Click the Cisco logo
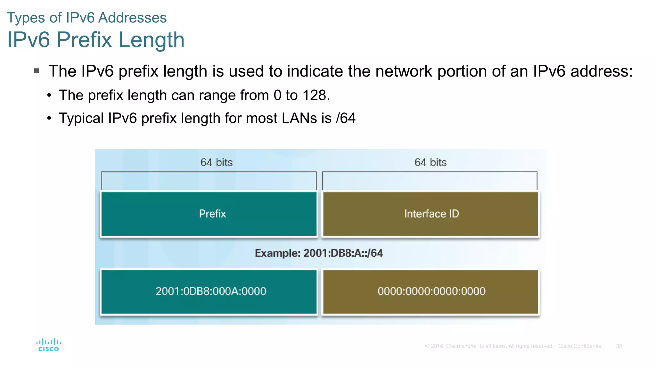(x=48, y=345)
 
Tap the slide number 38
(x=619, y=346)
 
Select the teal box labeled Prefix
(x=209, y=214)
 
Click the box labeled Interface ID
(x=431, y=214)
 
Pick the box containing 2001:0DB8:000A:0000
(x=209, y=291)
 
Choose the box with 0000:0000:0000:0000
(x=431, y=291)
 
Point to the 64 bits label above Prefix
(x=217, y=162)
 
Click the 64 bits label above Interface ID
(x=430, y=162)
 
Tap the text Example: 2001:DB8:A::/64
(x=319, y=253)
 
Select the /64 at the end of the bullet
(x=346, y=118)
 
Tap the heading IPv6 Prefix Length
(x=96, y=40)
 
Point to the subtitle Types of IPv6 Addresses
(x=86, y=18)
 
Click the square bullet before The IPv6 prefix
(x=37, y=71)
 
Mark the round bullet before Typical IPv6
(x=49, y=119)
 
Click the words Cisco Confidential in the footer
(x=580, y=346)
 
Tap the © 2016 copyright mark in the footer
(x=434, y=346)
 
